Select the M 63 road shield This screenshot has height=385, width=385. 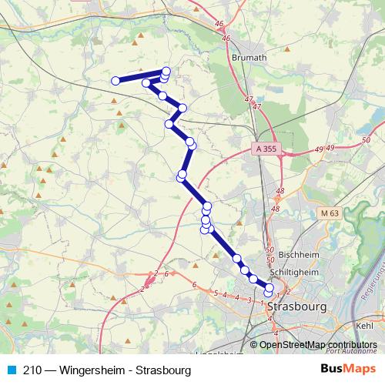click(x=330, y=213)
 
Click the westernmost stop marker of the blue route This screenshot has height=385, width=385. click(x=115, y=81)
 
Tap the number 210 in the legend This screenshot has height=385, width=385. click(x=33, y=370)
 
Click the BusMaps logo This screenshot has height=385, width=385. click(x=346, y=370)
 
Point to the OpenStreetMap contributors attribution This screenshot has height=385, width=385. click(x=318, y=345)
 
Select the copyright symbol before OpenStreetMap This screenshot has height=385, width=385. click(x=254, y=345)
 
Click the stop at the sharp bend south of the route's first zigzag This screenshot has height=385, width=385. click(x=169, y=124)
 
